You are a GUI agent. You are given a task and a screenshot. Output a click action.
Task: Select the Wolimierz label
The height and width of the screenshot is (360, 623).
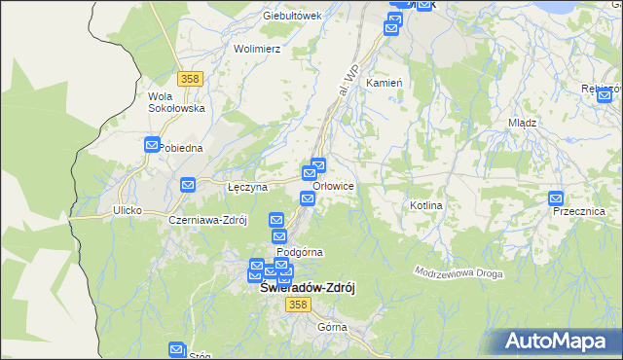(257, 48)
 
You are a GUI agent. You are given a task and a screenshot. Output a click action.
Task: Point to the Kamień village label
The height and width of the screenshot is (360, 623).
(384, 84)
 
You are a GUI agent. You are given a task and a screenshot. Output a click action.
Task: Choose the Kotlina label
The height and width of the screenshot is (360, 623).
(426, 205)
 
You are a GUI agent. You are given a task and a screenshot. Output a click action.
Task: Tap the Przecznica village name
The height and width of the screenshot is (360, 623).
(578, 211)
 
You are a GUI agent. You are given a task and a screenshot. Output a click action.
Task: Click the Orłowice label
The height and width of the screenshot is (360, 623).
(335, 186)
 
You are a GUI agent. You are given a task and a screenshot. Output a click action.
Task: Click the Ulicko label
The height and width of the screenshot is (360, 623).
(128, 210)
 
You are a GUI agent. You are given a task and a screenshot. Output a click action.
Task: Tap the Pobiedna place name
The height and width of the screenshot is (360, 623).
(180, 148)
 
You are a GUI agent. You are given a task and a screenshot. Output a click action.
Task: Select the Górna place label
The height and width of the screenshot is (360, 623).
(332, 327)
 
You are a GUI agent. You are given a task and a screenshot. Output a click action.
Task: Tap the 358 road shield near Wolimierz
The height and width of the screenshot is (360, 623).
(190, 76)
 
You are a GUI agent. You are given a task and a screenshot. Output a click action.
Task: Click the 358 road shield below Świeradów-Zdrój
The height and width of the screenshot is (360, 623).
(298, 305)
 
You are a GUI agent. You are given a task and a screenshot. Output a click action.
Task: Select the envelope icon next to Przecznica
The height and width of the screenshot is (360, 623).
(556, 198)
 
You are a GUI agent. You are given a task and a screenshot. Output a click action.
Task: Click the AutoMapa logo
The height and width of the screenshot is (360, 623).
(560, 342)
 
